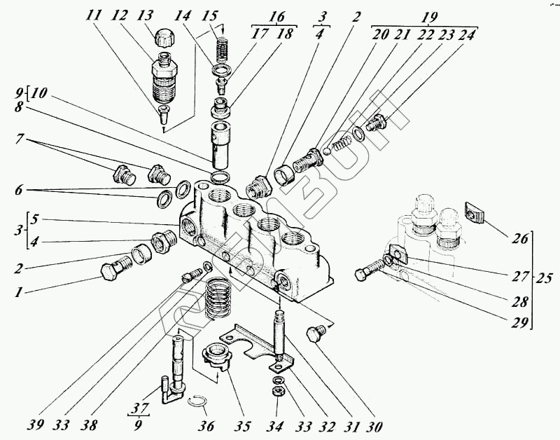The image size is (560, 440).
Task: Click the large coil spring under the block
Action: point(221,298)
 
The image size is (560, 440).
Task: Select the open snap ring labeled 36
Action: point(199,401)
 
